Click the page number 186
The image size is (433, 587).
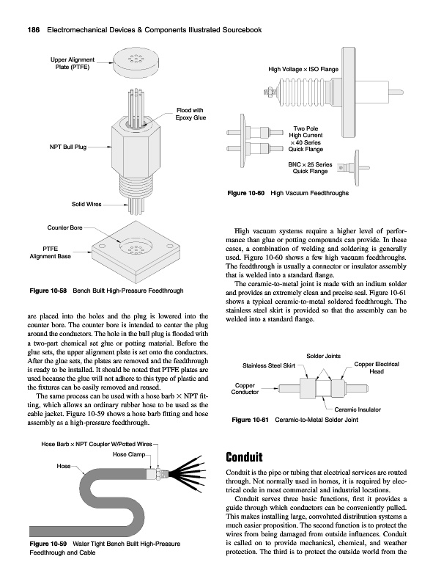click(x=34, y=30)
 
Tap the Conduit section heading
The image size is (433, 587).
click(x=244, y=457)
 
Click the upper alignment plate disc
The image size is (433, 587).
click(x=136, y=62)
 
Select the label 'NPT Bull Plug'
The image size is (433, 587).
click(x=68, y=147)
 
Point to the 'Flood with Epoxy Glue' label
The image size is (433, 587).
click(x=190, y=114)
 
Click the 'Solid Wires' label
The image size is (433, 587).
click(x=86, y=204)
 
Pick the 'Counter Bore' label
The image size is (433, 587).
click(x=64, y=227)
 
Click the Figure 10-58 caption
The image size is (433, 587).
click(x=106, y=291)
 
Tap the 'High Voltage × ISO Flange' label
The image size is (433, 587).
click(x=303, y=69)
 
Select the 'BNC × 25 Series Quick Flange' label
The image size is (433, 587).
click(x=310, y=168)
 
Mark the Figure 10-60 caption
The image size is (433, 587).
click(x=288, y=193)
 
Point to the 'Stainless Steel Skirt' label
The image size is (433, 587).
click(x=269, y=365)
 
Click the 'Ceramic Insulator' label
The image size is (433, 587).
click(x=358, y=409)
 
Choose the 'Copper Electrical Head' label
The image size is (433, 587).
click(x=377, y=368)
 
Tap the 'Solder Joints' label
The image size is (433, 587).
click(x=323, y=356)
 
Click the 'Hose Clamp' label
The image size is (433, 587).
click(x=129, y=454)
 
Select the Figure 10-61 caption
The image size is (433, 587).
click(x=295, y=420)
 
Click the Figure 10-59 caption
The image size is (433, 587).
click(x=105, y=548)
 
